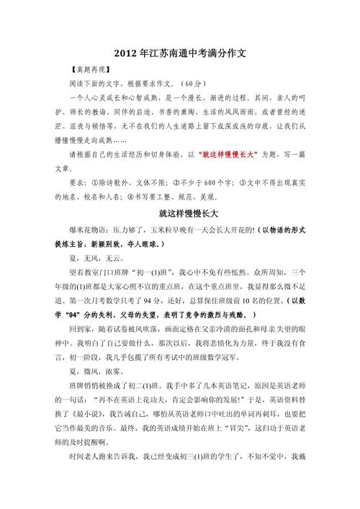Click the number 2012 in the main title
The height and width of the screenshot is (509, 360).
(x=127, y=54)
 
